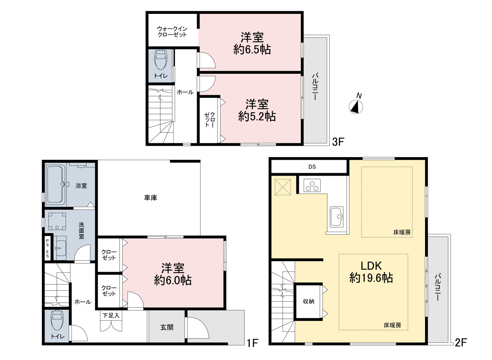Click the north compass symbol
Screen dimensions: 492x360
coord(356,107)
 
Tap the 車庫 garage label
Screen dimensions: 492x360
coord(150,198)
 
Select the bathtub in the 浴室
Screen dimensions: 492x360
coord(56,184)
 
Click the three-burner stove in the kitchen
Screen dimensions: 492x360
coord(312,186)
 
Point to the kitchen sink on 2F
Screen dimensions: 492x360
coord(337,217)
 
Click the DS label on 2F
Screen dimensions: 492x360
coord(312,167)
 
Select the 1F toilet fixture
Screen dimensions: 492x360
coord(57,320)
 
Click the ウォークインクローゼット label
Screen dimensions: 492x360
coord(172,32)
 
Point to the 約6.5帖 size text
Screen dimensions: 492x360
coord(252,50)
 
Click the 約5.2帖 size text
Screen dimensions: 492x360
coord(257,116)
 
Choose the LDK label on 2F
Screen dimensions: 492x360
coord(371,266)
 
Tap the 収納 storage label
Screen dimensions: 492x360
coord(309,301)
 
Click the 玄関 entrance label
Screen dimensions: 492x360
coord(167,327)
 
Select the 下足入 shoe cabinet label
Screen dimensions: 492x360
coord(111,316)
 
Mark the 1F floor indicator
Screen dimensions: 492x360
coord(253,343)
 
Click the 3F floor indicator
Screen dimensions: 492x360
coord(338,142)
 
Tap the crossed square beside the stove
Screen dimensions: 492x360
coord(283,187)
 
